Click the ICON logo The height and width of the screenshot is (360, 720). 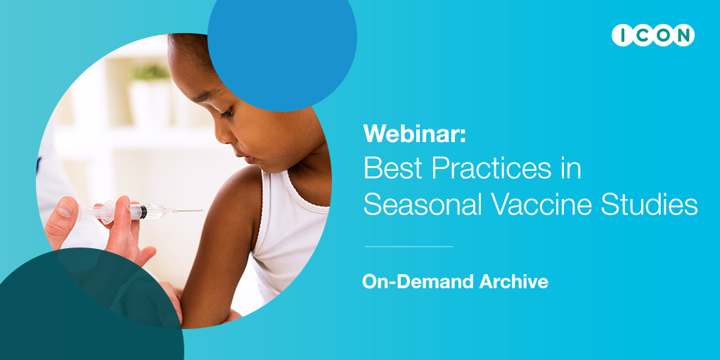pyautogui.click(x=652, y=35)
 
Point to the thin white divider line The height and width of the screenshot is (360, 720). pyautogui.click(x=409, y=247)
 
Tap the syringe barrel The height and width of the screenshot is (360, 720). pyautogui.click(x=130, y=210)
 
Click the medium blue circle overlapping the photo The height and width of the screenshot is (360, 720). pyautogui.click(x=282, y=53)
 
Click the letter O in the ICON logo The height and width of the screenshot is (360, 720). pyautogui.click(x=658, y=35)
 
